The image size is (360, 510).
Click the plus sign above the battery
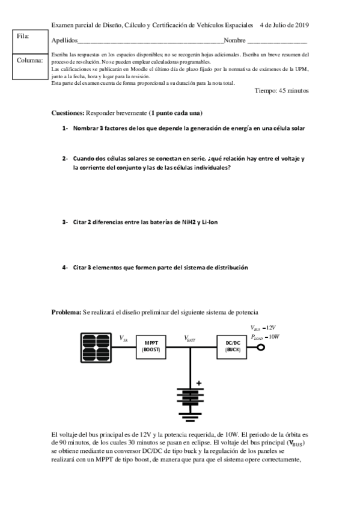pos(200,382)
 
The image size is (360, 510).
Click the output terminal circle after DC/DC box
pos(261,347)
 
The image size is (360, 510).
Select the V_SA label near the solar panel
pos(123,339)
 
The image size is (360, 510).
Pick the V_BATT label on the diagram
pos(190,339)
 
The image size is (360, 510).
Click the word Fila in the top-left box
pos(23,37)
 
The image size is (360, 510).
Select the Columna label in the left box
pos(29,61)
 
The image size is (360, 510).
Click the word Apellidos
pos(65,40)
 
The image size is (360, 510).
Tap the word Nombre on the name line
pos(234,40)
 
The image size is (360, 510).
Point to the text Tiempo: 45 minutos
pos(281,91)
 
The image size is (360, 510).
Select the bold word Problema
pos(66,312)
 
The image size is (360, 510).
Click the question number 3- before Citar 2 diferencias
pos(65,223)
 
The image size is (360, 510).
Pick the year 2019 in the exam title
pos(299,25)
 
